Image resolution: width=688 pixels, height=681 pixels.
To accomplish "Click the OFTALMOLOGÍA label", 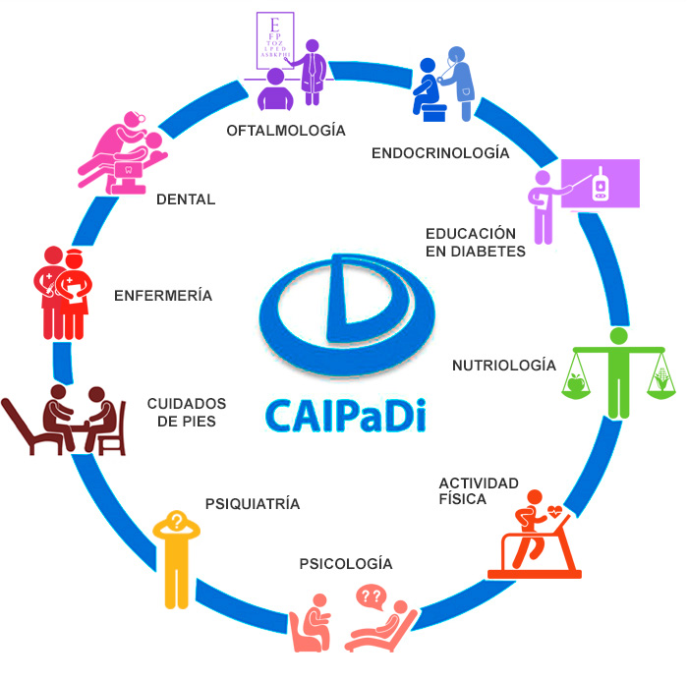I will tap(286, 130).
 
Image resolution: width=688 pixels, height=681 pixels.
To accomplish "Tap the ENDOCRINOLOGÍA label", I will tap(440, 153).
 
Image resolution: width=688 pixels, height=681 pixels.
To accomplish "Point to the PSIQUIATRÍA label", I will tap(253, 504).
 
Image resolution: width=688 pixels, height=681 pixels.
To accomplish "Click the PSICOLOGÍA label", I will tap(346, 564).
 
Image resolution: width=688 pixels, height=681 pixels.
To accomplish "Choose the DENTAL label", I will tap(186, 199).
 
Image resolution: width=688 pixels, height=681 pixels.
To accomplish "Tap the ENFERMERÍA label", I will tap(163, 295).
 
